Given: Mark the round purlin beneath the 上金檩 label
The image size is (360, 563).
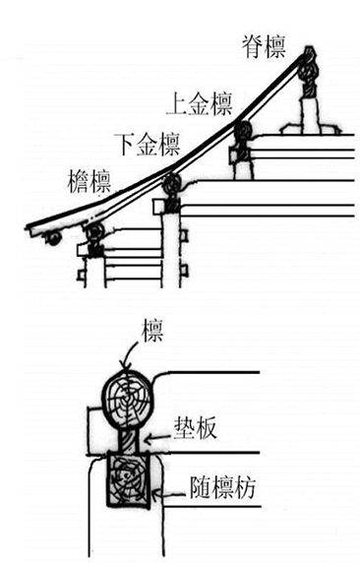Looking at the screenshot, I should pos(242,130).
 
